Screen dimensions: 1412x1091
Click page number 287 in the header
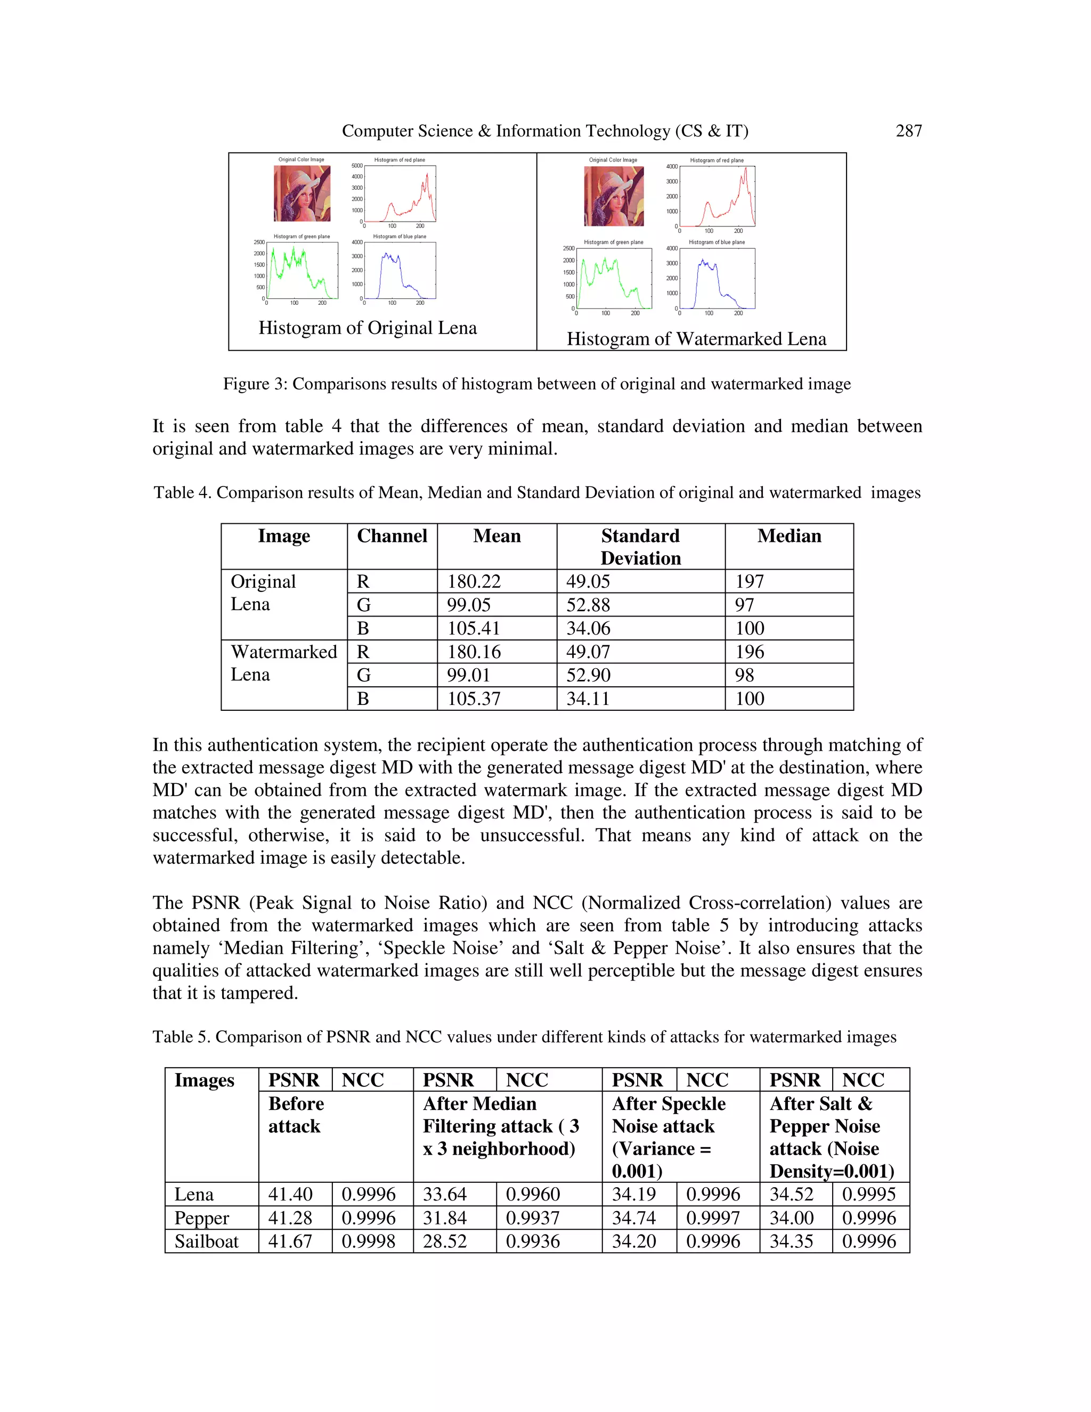[908, 131]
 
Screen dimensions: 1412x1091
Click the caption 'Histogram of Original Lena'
[367, 328]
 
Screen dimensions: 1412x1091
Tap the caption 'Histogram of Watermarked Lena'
[696, 339]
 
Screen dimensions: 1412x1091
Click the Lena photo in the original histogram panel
[302, 193]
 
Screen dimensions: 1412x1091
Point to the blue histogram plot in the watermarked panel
[717, 279]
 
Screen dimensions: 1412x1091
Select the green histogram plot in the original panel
[302, 270]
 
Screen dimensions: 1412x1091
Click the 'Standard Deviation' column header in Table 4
[640, 547]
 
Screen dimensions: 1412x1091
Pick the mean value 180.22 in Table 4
[474, 581]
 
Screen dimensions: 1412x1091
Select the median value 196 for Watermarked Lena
[749, 652]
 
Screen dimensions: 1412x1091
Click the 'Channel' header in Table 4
[392, 536]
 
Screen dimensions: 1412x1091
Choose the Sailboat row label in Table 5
[206, 1241]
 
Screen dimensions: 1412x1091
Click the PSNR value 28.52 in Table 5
[445, 1241]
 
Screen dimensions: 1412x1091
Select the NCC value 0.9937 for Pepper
[533, 1218]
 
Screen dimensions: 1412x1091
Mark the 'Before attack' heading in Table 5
[296, 1115]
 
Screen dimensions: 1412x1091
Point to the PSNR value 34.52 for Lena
[791, 1194]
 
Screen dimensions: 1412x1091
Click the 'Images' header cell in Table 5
[204, 1081]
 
